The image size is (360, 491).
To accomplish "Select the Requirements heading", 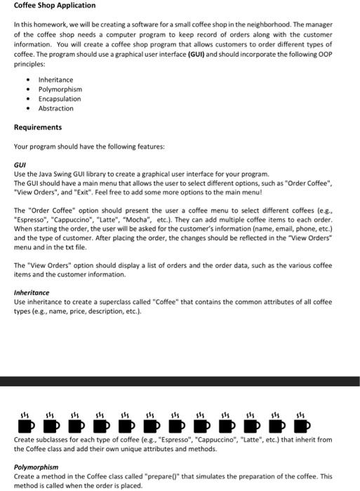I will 38,128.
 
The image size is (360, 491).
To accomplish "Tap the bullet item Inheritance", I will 55,80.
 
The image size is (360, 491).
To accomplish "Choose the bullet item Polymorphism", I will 60,90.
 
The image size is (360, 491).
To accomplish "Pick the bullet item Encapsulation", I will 60,99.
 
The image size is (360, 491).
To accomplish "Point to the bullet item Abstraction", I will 55,109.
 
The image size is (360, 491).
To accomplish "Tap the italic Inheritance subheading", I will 32,292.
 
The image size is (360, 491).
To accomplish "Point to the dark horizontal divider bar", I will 180,381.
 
